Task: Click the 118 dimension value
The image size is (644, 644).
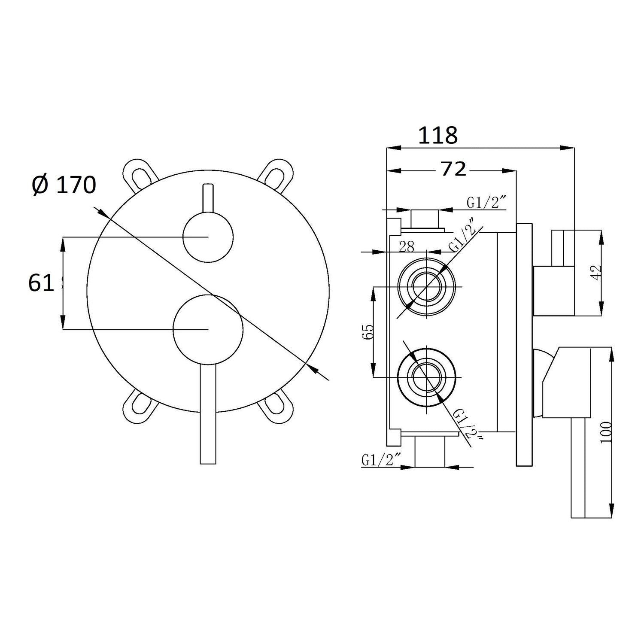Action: tap(438, 136)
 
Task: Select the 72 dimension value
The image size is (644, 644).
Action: tap(453, 170)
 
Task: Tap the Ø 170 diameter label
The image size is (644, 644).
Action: tap(64, 185)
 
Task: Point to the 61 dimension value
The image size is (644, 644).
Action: tap(41, 283)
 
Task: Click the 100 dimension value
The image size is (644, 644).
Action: tap(605, 432)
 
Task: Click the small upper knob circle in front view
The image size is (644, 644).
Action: tap(208, 237)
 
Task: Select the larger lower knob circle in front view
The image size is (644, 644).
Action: tap(208, 329)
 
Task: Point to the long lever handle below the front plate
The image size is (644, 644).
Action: tap(208, 414)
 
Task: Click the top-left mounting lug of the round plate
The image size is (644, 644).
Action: tap(140, 176)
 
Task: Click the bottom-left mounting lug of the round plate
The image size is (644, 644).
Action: tap(140, 405)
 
